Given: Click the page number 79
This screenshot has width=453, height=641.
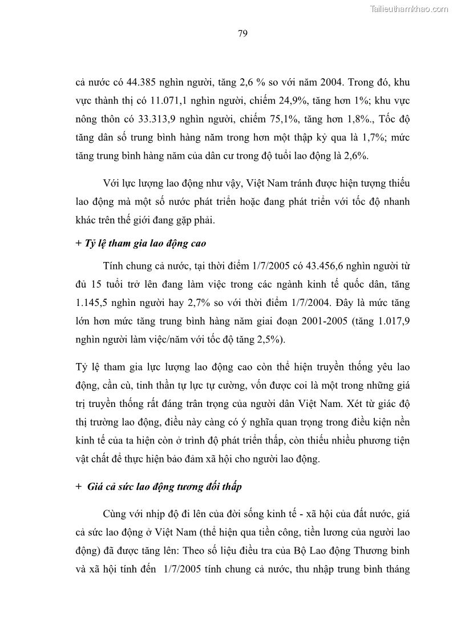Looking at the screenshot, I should point(242,34).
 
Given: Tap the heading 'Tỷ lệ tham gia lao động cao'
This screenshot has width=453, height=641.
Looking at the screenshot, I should point(145,243).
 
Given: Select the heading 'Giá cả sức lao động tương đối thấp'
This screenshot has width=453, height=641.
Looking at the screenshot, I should point(165,487).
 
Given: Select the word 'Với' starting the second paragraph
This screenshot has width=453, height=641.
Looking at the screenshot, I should point(112,183).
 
